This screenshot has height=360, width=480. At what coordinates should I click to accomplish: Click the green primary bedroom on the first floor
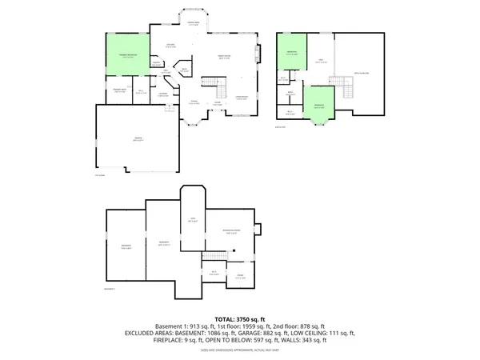tap(126, 56)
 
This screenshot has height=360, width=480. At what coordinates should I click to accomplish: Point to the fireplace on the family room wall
tap(258, 55)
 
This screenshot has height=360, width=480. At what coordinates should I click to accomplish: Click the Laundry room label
tap(162, 95)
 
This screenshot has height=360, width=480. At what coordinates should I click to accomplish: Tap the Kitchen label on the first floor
tap(170, 46)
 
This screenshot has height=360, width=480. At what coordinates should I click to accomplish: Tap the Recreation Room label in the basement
tap(231, 231)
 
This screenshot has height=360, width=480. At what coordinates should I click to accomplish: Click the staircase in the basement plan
tap(214, 256)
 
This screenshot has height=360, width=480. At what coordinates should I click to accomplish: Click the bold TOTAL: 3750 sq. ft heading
tap(240, 318)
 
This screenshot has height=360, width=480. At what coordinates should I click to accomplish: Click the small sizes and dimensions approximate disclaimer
tap(240, 348)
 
